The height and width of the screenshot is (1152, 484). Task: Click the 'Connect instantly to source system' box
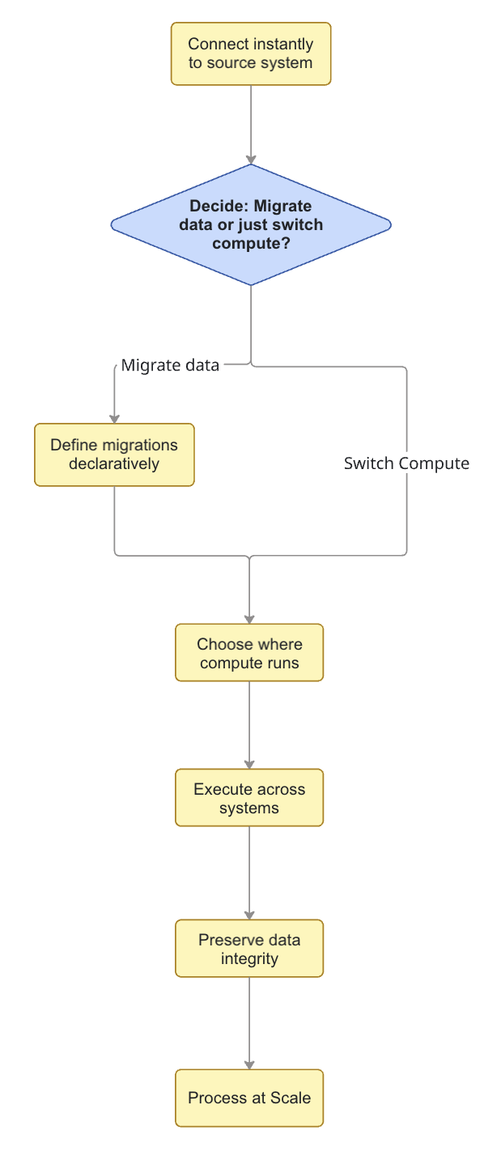[x=251, y=53]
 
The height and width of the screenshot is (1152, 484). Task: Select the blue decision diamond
[x=251, y=224]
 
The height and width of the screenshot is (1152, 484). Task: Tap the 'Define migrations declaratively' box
[x=114, y=454]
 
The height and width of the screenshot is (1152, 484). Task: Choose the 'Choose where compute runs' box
[x=249, y=653]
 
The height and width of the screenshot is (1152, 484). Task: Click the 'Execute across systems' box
[x=249, y=798]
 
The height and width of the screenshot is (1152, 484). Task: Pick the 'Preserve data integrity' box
[x=249, y=949]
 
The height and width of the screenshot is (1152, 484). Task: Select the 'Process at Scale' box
[x=249, y=1099]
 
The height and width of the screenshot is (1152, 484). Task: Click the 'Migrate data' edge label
[x=170, y=365]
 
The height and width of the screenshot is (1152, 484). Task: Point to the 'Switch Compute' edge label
[x=406, y=463]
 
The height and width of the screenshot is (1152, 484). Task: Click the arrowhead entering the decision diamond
[x=251, y=159]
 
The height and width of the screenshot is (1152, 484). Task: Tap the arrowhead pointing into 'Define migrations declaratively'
[x=114, y=417]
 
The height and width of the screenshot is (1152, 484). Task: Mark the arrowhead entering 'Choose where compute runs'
[x=249, y=618]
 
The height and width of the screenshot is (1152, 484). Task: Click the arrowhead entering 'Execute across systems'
[x=249, y=763]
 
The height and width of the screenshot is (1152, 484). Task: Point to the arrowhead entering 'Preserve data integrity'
[x=249, y=914]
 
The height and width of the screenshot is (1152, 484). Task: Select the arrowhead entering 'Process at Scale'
[x=249, y=1064]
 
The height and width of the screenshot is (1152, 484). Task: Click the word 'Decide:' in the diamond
[x=217, y=207]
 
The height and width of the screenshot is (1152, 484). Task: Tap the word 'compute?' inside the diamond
[x=251, y=242]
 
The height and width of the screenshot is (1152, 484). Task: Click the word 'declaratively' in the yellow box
[x=114, y=464]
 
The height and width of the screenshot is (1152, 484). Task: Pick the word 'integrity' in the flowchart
[x=249, y=959]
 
